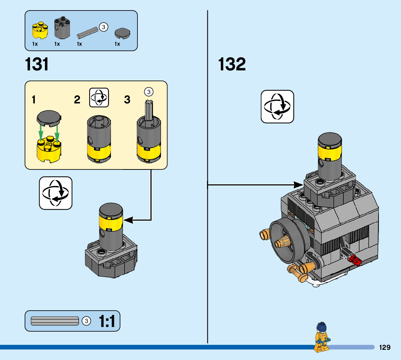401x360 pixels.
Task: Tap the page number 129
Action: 385,347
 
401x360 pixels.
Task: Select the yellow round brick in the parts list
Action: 40,30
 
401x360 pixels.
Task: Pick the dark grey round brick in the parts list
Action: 62,28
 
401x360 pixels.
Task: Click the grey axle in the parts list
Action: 87,33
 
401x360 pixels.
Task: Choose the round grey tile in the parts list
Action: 122,33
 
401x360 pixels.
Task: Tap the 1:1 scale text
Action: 107,321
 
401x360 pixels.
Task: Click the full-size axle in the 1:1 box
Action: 55,321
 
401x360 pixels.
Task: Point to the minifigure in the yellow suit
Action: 322,337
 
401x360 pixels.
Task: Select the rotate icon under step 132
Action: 277,107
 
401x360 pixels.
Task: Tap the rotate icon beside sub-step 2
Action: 99,98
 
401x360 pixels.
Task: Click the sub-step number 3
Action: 127,99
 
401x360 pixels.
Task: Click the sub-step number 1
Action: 33,99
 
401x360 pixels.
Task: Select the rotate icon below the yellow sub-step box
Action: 56,193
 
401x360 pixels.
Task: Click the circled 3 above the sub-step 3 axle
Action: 149,92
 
